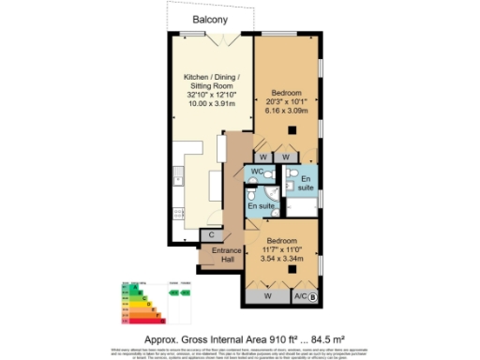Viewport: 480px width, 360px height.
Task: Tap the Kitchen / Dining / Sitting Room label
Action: point(211,83)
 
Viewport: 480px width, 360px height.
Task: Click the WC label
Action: point(256,172)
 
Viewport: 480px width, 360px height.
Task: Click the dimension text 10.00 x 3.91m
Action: point(211,102)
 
